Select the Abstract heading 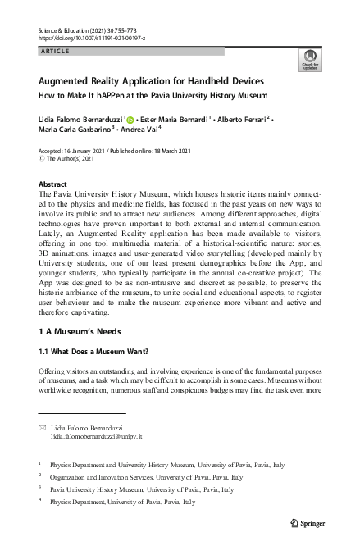pos(52,185)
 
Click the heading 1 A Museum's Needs pos(80,332)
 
